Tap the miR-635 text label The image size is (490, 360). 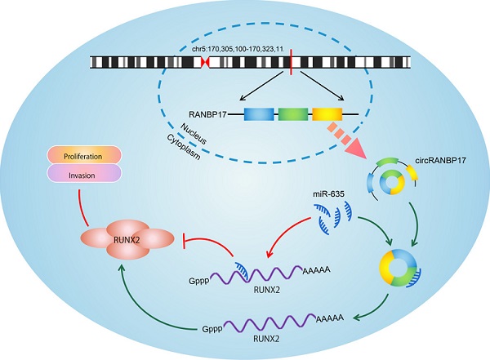[x=327, y=193]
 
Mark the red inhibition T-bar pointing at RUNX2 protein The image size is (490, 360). [x=189, y=242]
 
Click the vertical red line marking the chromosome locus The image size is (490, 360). [x=291, y=62]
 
